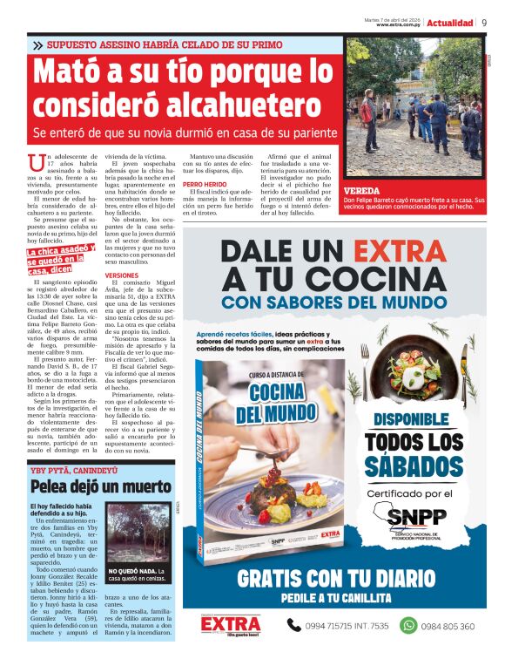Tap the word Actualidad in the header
pyautogui.click(x=450, y=23)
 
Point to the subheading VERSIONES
pyautogui.click(x=121, y=274)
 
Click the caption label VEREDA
pyautogui.click(x=360, y=189)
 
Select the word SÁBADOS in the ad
pyautogui.click(x=414, y=466)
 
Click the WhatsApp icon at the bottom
pyautogui.click(x=408, y=625)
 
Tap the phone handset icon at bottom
pyautogui.click(x=293, y=625)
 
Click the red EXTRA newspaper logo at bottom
pyautogui.click(x=231, y=625)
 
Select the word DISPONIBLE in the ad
pyautogui.click(x=414, y=419)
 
